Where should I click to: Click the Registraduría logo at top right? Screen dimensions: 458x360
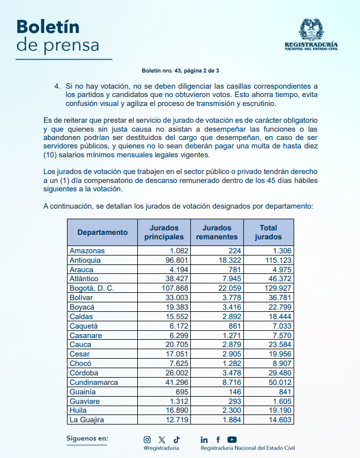(311, 35)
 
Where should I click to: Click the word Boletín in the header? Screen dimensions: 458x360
(47, 26)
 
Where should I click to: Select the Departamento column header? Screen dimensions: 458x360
(103, 232)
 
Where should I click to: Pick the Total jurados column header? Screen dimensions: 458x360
(268, 232)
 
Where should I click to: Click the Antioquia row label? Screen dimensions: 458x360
(85, 260)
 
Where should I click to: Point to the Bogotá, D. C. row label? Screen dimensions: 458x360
(92, 288)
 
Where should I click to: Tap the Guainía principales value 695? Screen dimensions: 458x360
(181, 392)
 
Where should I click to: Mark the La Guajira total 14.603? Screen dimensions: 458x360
(280, 420)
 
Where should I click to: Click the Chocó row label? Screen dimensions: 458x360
(80, 363)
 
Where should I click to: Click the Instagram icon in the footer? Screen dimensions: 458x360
(147, 440)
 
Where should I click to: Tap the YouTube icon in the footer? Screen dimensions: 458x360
(232, 440)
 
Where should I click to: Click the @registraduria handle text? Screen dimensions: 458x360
(161, 448)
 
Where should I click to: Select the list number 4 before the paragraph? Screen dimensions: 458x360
(57, 86)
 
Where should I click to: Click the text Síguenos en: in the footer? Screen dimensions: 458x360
(87, 438)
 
